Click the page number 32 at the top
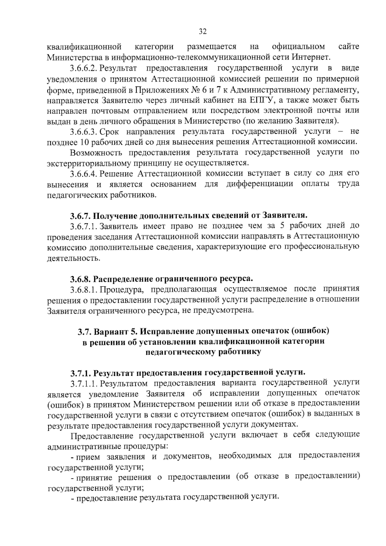[x=202, y=32]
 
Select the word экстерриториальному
[x=89, y=163]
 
